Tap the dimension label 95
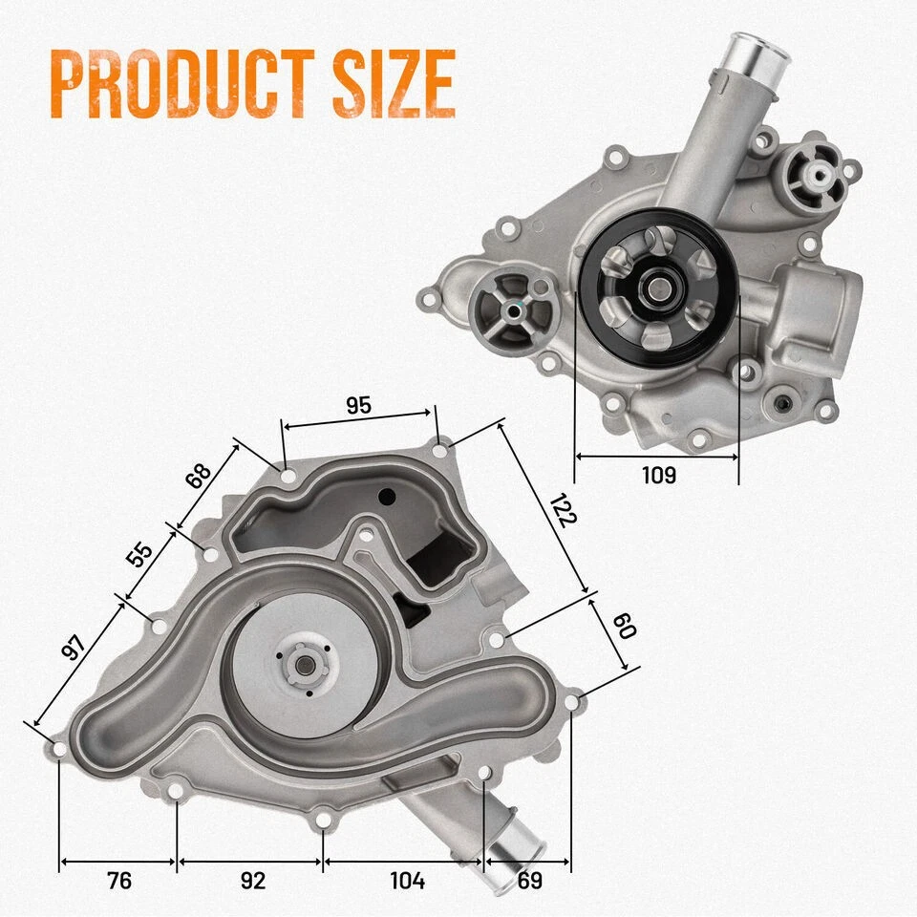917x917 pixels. click(x=358, y=405)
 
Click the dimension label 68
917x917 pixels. click(x=199, y=476)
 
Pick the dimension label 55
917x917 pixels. click(x=140, y=555)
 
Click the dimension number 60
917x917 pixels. click(x=623, y=627)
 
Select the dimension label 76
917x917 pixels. click(x=118, y=881)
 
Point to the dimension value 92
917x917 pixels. click(x=252, y=881)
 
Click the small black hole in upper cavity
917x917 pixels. click(x=387, y=497)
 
